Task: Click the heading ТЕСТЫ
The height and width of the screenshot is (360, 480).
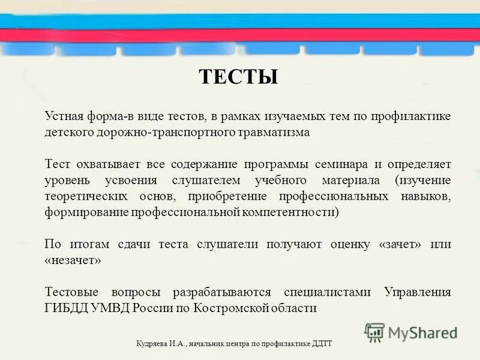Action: point(238,77)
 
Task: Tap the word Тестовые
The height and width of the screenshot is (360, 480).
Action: point(70,293)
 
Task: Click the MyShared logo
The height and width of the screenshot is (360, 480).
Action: point(411,332)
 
